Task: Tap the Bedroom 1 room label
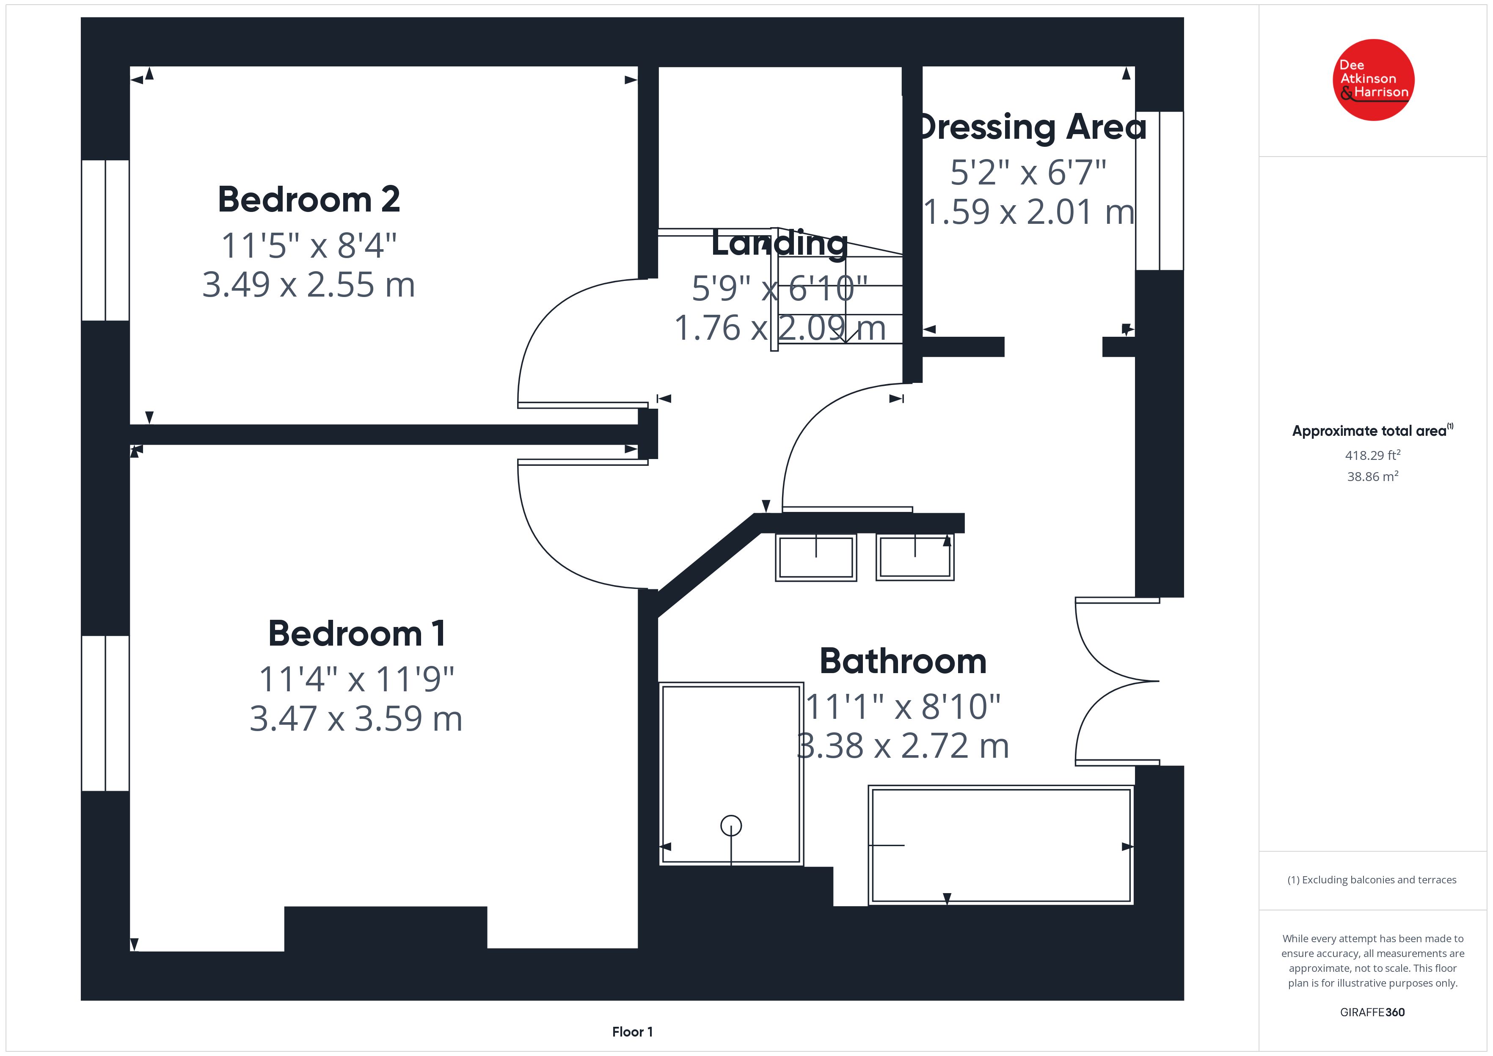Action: pos(357,633)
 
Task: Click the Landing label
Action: pos(780,243)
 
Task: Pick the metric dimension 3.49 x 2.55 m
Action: pos(309,285)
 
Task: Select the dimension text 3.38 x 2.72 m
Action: pos(903,746)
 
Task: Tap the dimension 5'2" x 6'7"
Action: pos(1029,172)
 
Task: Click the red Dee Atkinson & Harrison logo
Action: pos(1373,80)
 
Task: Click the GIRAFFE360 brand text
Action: pos(1372,1012)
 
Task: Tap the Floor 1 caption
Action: pos(632,1031)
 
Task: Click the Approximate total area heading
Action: pos(1372,430)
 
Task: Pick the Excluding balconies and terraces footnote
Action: pos(1372,880)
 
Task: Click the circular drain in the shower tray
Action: pos(732,826)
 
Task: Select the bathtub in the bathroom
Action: pos(1001,845)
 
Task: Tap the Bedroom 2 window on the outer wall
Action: pos(105,241)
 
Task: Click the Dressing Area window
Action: pos(1160,190)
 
